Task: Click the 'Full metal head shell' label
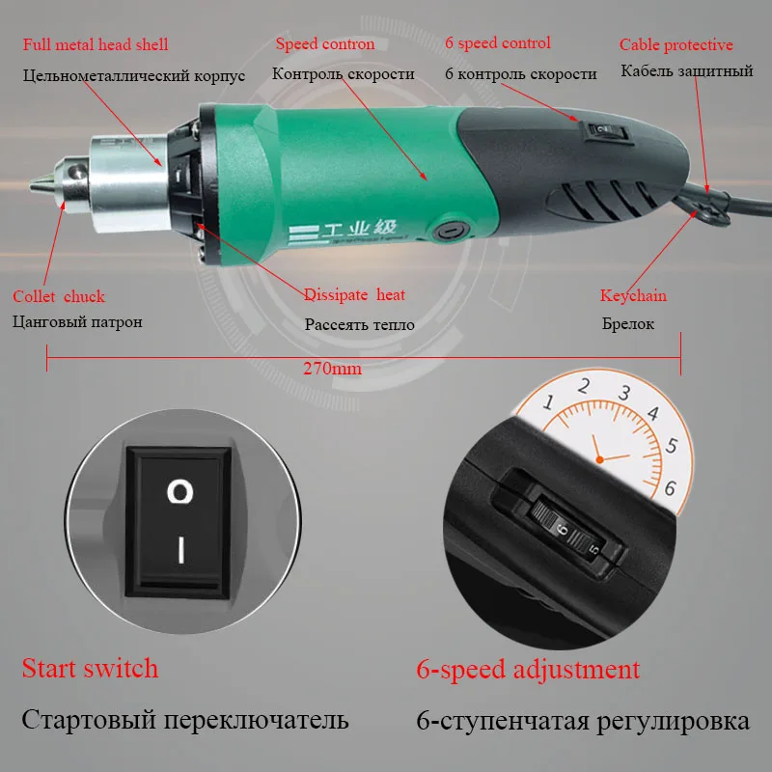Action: [x=96, y=44]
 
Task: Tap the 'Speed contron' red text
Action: [x=325, y=43]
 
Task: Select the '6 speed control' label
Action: [x=498, y=42]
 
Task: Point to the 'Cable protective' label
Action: [x=675, y=44]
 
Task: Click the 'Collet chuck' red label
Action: [x=59, y=296]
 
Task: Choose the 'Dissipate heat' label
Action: [x=354, y=294]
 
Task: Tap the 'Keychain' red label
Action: [x=633, y=295]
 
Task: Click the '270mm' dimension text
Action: [x=325, y=369]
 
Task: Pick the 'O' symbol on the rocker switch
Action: [x=179, y=493]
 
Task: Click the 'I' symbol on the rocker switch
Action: [x=179, y=550]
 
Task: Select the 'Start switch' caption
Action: [x=90, y=668]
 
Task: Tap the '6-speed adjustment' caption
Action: [x=528, y=669]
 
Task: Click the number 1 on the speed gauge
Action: [x=548, y=401]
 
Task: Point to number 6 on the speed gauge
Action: [x=672, y=487]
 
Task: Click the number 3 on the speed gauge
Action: [x=624, y=393]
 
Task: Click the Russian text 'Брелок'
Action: [x=628, y=324]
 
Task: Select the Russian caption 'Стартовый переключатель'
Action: [x=185, y=721]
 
